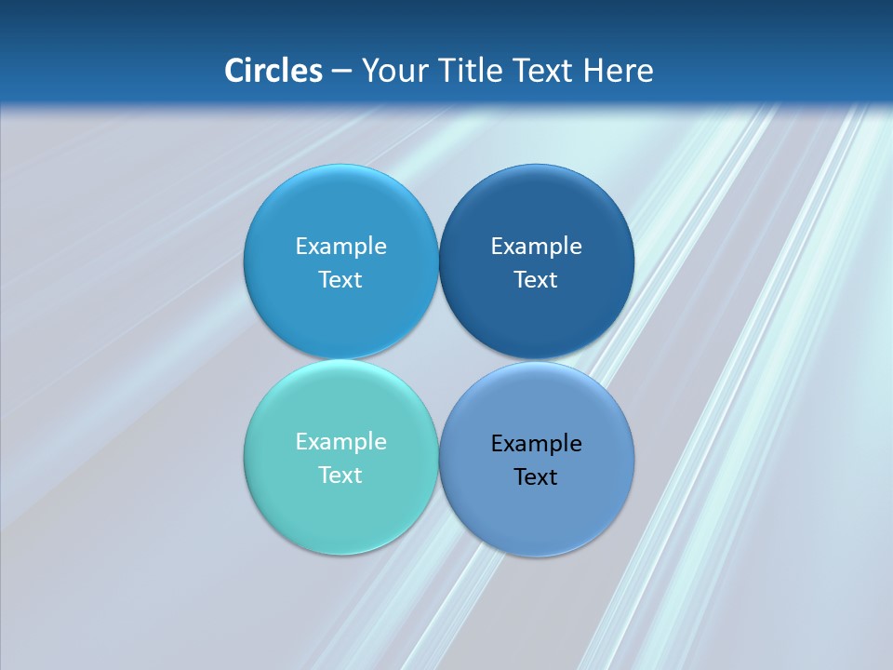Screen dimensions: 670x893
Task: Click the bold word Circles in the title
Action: [x=273, y=70]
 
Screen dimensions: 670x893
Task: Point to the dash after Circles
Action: [x=341, y=71]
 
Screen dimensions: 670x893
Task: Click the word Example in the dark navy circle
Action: [x=536, y=247]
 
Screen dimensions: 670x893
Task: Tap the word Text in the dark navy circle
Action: [x=536, y=279]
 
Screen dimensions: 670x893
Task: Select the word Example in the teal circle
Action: [x=340, y=442]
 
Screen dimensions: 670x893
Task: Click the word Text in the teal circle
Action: [x=340, y=475]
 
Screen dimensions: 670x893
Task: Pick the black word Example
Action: [x=536, y=444]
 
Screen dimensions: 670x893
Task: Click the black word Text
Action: [x=536, y=476]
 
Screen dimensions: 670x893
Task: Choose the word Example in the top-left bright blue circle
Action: [x=340, y=247]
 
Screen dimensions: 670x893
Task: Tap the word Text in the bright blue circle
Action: [x=340, y=279]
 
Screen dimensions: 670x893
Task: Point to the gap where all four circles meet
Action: [x=438, y=360]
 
